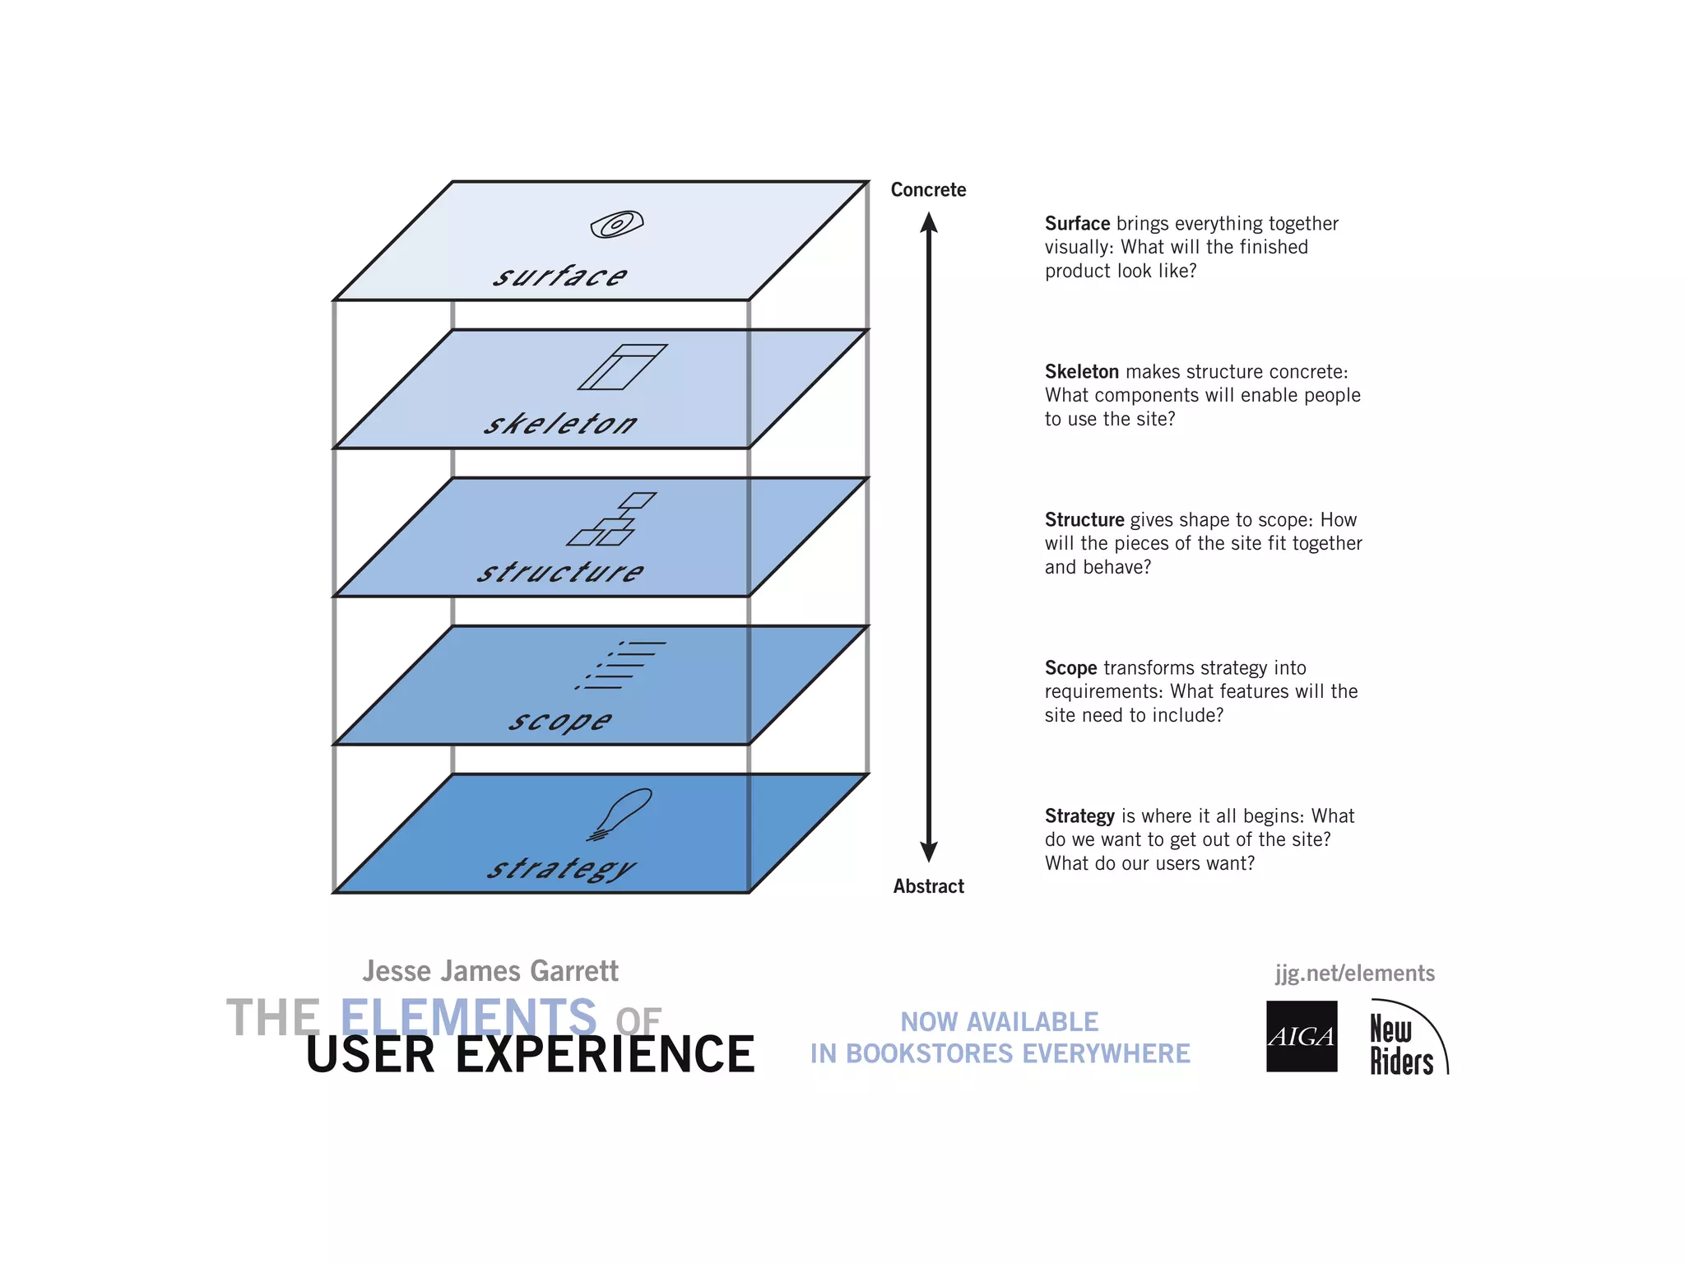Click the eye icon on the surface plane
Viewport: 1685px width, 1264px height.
click(x=616, y=224)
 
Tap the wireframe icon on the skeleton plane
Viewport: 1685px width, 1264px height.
click(x=623, y=367)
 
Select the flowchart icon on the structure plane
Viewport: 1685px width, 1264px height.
click(x=612, y=519)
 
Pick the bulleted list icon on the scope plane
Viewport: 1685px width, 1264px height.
click(x=621, y=665)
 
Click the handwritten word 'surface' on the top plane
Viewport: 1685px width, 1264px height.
click(x=560, y=276)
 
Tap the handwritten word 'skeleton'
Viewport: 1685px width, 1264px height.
click(x=560, y=424)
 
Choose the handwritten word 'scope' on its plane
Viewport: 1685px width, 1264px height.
click(x=560, y=721)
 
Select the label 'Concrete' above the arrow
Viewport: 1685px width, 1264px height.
click(x=928, y=190)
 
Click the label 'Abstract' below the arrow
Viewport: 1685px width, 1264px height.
click(x=928, y=886)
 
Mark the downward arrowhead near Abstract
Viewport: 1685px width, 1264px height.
click(x=929, y=852)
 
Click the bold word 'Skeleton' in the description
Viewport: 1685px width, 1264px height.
click(x=1081, y=372)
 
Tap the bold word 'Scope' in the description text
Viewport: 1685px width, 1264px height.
click(x=1070, y=668)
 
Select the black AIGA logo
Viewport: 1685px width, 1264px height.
click(x=1302, y=1036)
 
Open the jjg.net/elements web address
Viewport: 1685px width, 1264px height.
click(x=1354, y=974)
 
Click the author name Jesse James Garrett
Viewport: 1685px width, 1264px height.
click(x=490, y=971)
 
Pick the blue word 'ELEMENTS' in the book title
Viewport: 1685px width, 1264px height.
click(x=468, y=1017)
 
